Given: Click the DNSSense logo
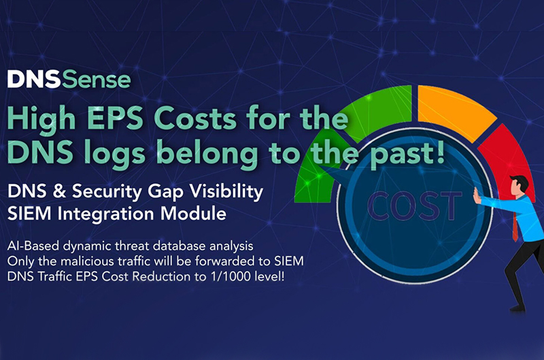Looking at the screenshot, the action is (69, 80).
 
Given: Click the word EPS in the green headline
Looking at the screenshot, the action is (113, 118).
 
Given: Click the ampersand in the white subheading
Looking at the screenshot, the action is (59, 191).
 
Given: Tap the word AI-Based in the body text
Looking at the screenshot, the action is (33, 246).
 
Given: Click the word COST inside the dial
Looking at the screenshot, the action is (414, 206).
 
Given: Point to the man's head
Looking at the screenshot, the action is (518, 186).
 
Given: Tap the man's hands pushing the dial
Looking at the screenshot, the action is (477, 195).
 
